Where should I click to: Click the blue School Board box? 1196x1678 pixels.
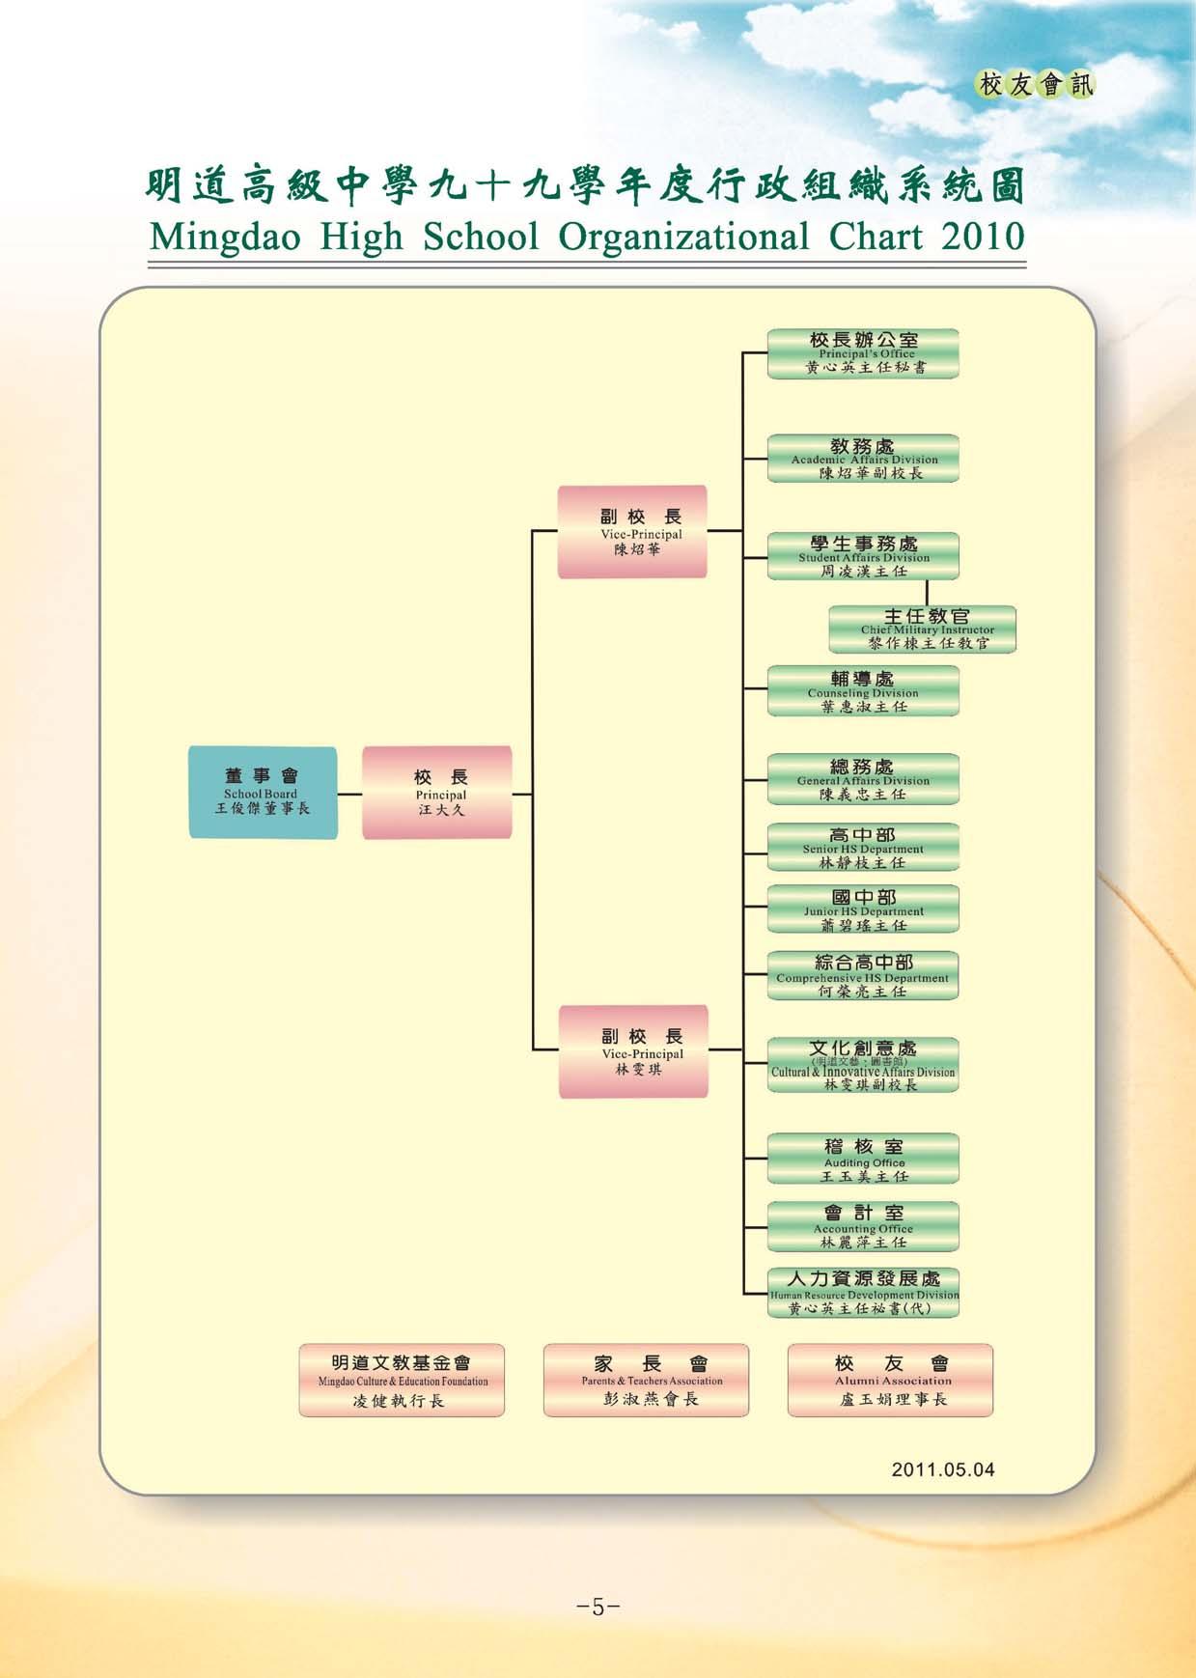click(263, 792)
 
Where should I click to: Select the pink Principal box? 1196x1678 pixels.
click(437, 792)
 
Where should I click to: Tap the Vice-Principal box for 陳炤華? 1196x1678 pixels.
click(632, 532)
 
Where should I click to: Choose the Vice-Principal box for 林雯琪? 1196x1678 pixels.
click(633, 1051)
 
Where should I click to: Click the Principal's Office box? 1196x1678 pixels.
click(863, 353)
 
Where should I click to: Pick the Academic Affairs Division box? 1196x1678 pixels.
click(863, 459)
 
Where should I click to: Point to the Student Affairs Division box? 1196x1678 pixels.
click(863, 556)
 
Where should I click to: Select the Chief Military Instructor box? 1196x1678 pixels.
click(922, 629)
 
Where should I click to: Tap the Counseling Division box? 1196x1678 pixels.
click(863, 691)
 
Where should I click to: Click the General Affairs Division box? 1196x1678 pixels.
click(863, 779)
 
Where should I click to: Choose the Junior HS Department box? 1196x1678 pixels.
click(863, 909)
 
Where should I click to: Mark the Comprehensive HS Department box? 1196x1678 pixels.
click(863, 976)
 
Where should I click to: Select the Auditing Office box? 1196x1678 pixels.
click(863, 1160)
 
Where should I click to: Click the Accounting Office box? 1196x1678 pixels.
click(863, 1227)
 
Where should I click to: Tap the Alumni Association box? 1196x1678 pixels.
click(890, 1381)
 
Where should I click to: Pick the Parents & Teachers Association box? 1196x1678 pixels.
click(646, 1381)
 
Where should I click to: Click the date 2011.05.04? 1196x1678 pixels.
click(942, 1469)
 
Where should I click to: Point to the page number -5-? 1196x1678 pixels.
click(598, 1607)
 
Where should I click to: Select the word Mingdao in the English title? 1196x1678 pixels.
click(226, 238)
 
